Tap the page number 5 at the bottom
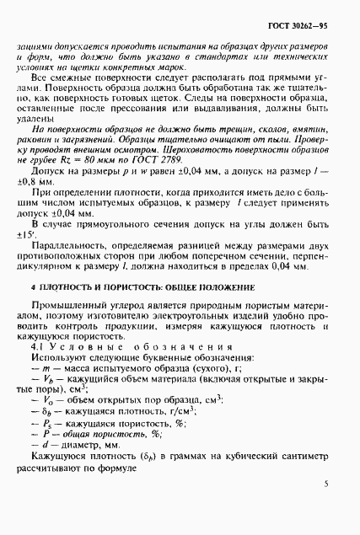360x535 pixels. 326,508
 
